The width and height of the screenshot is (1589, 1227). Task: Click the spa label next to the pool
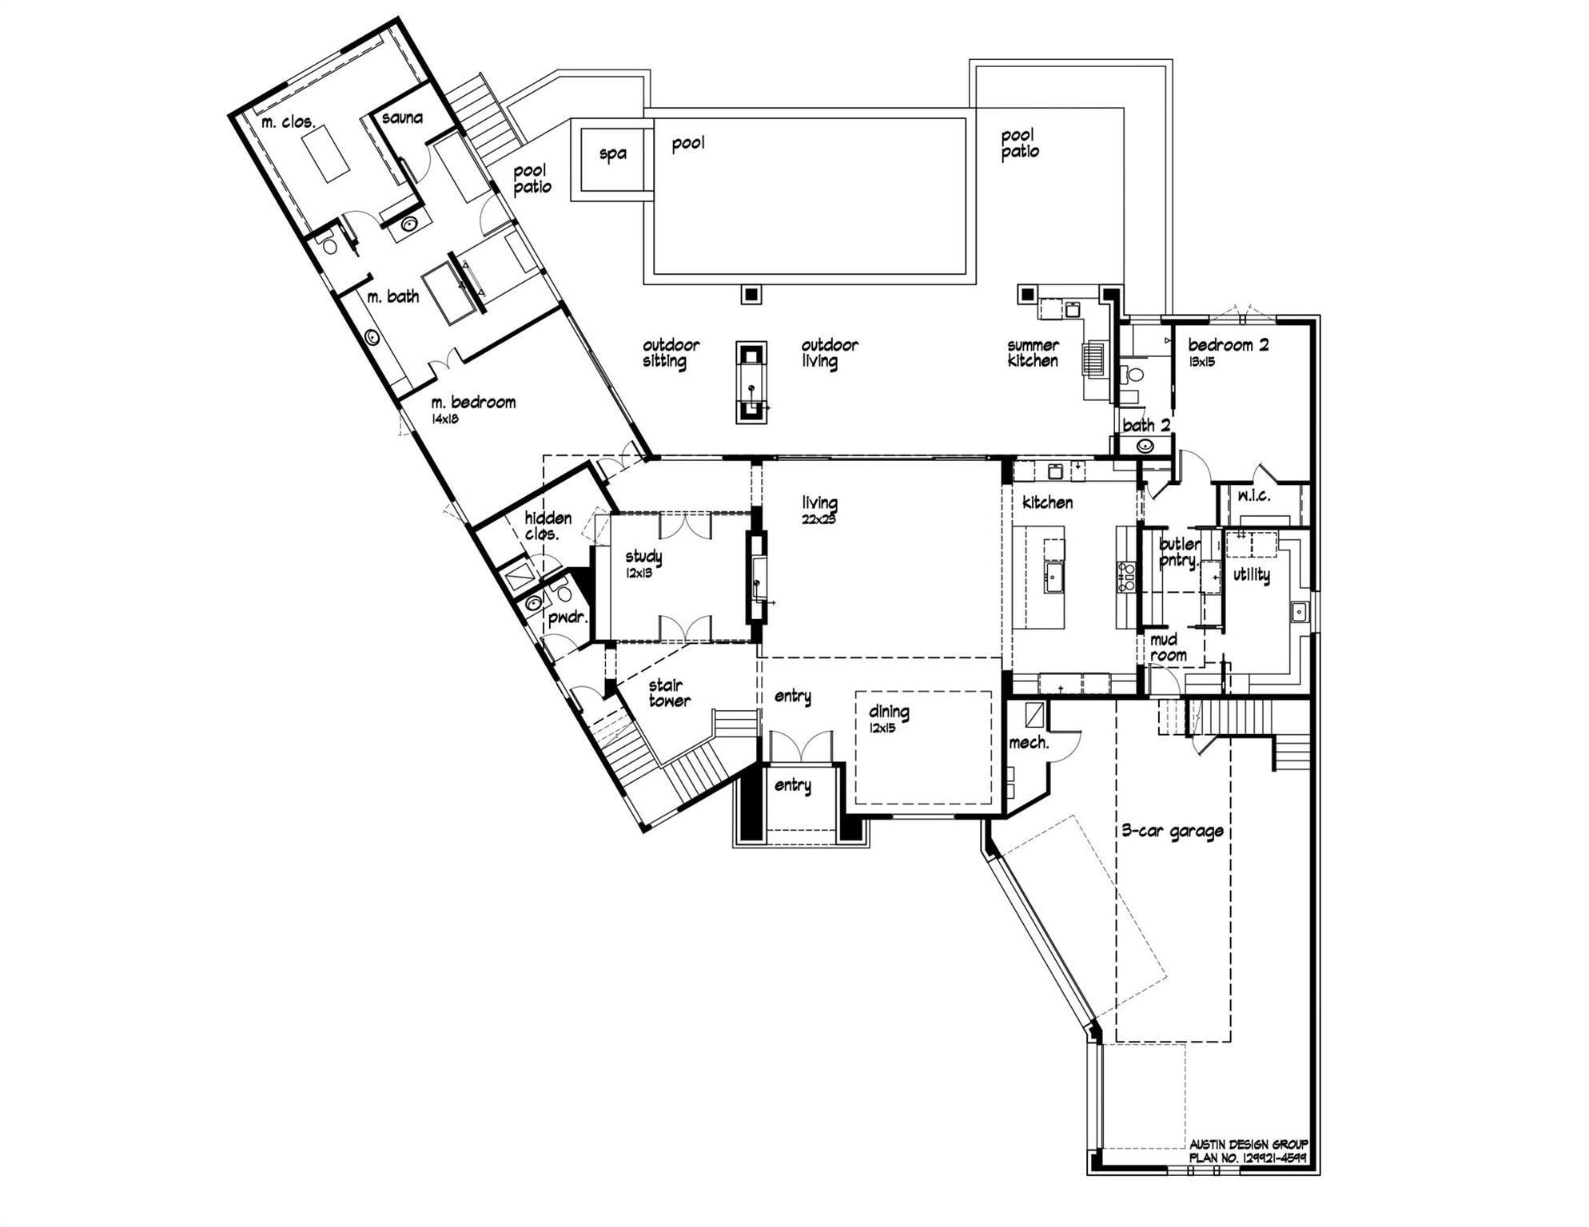(x=612, y=153)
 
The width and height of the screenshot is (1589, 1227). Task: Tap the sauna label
(x=402, y=118)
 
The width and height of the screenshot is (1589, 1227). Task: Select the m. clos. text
(x=289, y=123)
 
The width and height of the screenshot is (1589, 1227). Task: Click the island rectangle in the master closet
(x=325, y=155)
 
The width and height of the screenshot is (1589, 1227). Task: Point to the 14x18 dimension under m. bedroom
(x=445, y=419)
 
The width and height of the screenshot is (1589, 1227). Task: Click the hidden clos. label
(x=548, y=526)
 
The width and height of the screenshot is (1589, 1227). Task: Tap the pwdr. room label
(x=567, y=617)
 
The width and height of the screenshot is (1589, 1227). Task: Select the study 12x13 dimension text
(x=639, y=573)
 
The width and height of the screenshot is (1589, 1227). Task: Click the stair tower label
(x=669, y=693)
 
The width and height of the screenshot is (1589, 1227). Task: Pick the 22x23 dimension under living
(x=818, y=519)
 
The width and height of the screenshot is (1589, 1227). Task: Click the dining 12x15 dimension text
(x=883, y=728)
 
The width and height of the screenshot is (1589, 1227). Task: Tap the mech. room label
(x=1029, y=743)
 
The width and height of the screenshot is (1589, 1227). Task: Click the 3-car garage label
(x=1173, y=831)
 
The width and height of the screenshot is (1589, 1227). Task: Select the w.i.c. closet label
(x=1254, y=496)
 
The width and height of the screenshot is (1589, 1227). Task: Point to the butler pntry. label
(x=1179, y=552)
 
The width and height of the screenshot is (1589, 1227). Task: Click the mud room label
(x=1168, y=648)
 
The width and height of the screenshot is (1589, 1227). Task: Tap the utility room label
(x=1251, y=574)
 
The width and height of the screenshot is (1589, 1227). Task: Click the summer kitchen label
(x=1033, y=353)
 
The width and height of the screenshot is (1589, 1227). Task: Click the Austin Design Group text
(x=1248, y=1144)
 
